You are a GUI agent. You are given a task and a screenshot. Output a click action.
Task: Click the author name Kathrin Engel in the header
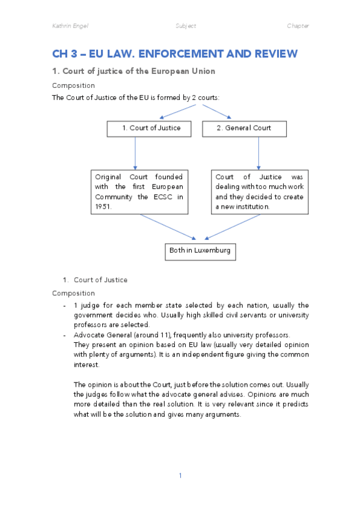click(70, 26)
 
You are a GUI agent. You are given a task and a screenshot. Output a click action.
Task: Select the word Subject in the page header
click(186, 26)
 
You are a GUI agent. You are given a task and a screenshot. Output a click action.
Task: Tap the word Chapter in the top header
click(298, 26)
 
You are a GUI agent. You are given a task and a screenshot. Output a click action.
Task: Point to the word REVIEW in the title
click(271, 54)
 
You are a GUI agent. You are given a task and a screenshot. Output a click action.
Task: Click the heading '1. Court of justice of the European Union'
click(133, 72)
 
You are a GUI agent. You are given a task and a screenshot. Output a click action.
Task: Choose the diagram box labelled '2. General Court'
click(244, 128)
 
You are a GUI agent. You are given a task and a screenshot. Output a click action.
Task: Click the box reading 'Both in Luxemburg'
click(200, 250)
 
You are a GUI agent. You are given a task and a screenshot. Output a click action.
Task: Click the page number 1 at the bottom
click(180, 476)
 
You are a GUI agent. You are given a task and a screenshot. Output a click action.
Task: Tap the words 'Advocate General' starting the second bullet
click(99, 334)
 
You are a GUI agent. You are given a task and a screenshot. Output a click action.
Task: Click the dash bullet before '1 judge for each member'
click(64, 306)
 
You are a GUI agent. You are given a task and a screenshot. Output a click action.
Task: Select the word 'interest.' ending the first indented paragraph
click(87, 364)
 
